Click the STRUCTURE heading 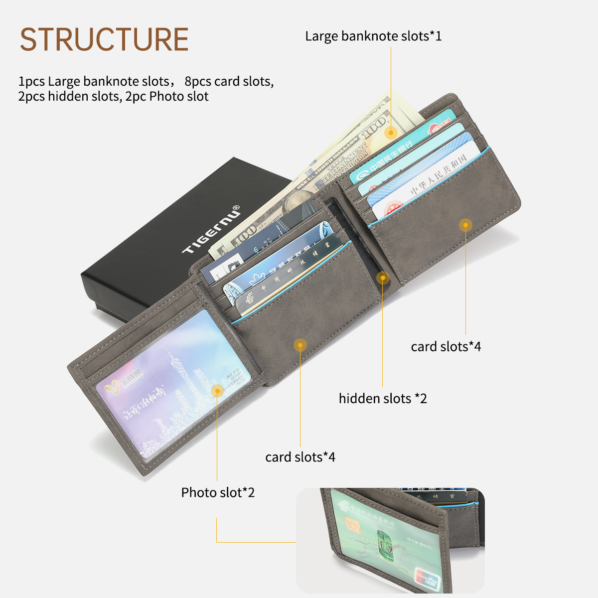click(104, 39)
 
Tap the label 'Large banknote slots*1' click(373, 36)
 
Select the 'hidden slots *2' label click(383, 399)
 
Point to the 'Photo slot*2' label click(218, 493)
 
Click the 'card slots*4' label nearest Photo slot click(300, 457)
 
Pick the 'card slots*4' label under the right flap click(446, 347)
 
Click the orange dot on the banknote click(391, 132)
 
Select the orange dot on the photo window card click(217, 390)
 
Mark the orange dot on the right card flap click(465, 225)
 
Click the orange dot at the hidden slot click(383, 278)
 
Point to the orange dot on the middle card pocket click(300, 345)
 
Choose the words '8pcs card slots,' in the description click(229, 81)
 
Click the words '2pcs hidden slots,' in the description click(70, 96)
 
